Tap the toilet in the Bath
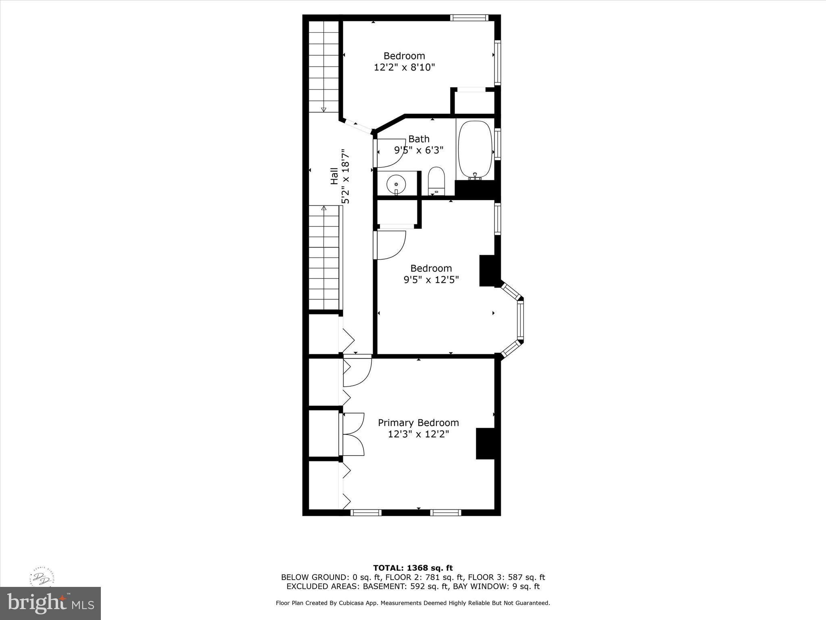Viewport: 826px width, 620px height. [x=436, y=181]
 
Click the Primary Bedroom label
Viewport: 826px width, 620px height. [x=418, y=423]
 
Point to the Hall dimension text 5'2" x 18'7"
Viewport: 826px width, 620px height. [x=345, y=177]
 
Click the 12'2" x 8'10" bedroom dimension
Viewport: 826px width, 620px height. [x=405, y=67]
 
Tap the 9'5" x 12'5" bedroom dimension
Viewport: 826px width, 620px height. [x=431, y=279]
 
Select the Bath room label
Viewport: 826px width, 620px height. [x=419, y=139]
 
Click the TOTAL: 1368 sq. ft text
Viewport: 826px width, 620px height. [x=413, y=568]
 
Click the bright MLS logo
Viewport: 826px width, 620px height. [x=50, y=603]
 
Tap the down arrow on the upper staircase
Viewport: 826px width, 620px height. [x=323, y=109]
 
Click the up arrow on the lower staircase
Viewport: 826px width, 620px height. [x=323, y=208]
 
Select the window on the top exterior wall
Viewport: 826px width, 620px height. [x=469, y=18]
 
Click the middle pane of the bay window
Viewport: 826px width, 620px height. [x=520, y=320]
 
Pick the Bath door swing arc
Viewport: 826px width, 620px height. [x=389, y=153]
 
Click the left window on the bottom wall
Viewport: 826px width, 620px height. [x=366, y=513]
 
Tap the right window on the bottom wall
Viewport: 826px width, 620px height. [x=445, y=513]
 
